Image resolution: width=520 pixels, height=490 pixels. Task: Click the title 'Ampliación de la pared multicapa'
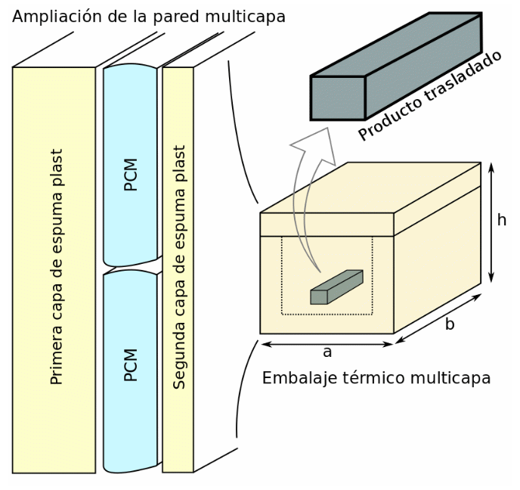point(149,16)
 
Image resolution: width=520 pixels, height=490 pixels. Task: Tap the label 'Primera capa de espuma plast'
point(56,267)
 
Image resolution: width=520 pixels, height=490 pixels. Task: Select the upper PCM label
point(131,174)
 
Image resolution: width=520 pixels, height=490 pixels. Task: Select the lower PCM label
point(131,364)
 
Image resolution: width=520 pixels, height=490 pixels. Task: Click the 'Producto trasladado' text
point(430,96)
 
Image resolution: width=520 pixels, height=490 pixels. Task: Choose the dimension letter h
point(501,220)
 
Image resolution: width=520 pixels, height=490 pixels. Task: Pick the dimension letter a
point(327,352)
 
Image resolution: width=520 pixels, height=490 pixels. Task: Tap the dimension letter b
point(450,324)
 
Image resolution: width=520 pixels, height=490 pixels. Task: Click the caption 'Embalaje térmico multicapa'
point(376,378)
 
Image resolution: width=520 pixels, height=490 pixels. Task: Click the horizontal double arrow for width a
point(327,344)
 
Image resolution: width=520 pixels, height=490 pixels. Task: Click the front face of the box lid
point(327,225)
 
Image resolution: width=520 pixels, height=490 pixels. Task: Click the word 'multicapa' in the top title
point(249,16)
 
